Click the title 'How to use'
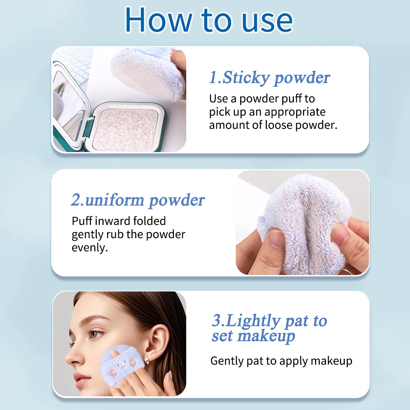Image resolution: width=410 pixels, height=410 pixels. pos(208,20)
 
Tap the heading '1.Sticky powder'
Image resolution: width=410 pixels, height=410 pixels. pos(269,78)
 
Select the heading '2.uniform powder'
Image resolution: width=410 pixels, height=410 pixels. pos(138,200)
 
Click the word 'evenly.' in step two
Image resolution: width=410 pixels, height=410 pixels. pos(90,248)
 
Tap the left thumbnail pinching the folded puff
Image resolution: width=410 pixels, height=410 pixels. pos(276,239)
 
